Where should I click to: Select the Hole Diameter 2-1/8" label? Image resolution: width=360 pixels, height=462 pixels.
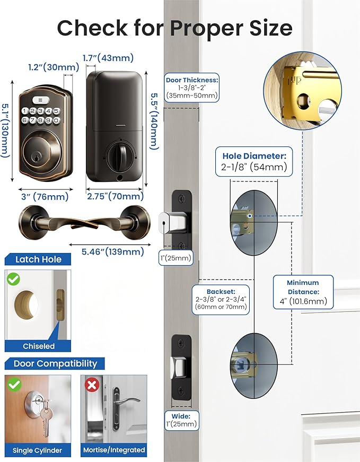[x=253, y=161]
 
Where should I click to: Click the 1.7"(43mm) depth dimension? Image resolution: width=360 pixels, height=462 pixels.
[x=108, y=58]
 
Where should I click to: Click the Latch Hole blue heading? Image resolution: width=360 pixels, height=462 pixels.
[x=38, y=259]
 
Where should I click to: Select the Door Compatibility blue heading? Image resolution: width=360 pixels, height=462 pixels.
[x=55, y=363]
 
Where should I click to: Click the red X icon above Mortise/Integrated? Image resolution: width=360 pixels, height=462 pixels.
[x=92, y=385]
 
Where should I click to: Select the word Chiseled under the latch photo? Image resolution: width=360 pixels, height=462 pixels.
[x=38, y=346]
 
